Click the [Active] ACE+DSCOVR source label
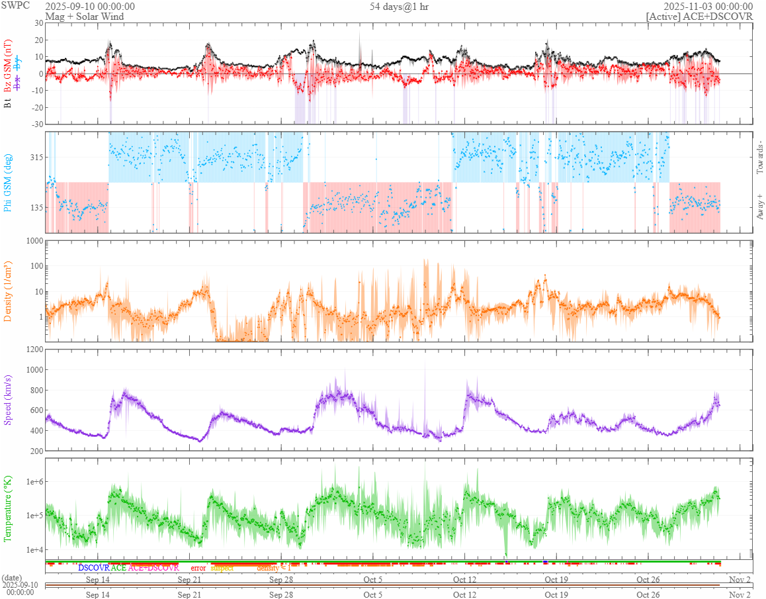tap(700, 16)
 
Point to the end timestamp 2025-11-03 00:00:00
tap(712, 6)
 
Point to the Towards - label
tap(759, 158)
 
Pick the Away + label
tap(759, 205)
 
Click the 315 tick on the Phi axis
tap(36, 157)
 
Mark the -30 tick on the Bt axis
tap(36, 124)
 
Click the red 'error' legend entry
tap(198, 567)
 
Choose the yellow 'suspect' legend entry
tap(222, 567)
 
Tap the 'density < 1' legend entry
tap(273, 567)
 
